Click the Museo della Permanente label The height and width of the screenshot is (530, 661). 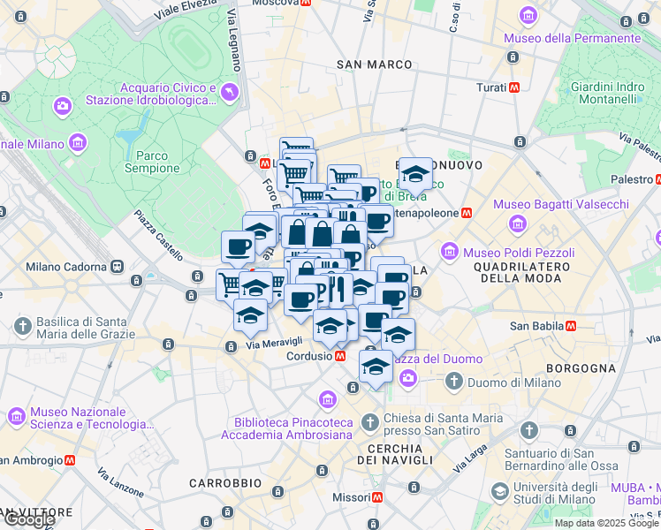(572, 38)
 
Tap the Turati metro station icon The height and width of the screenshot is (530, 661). (513, 87)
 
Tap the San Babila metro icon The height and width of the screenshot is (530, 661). (571, 326)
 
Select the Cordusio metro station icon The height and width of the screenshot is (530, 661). (340, 356)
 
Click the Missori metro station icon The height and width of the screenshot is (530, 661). (378, 497)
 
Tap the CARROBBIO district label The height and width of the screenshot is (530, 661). (225, 483)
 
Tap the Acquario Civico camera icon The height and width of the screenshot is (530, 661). (63, 107)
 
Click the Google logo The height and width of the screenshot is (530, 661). (28, 519)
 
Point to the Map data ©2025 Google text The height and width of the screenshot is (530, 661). (605, 523)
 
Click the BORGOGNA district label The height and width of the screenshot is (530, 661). (581, 367)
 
